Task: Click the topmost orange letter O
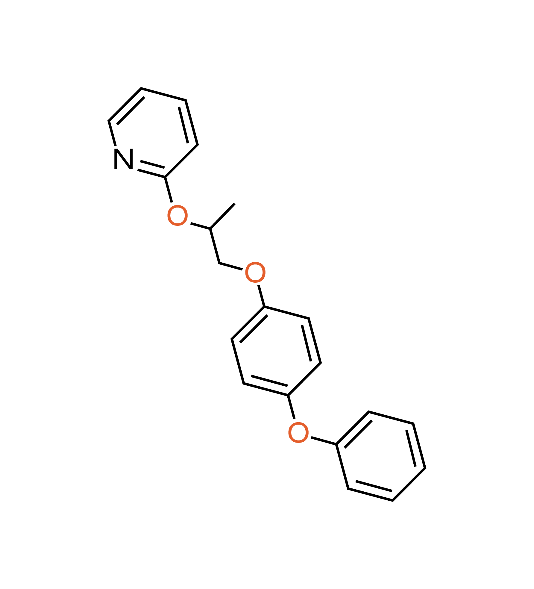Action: [x=178, y=215]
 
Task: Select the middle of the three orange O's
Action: [x=255, y=272]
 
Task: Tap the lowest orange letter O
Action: [x=298, y=432]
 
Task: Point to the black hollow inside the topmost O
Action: [x=178, y=215]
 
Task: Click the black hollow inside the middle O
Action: [x=255, y=272]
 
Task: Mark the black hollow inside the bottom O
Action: [x=298, y=432]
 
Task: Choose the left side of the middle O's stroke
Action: [x=246, y=272]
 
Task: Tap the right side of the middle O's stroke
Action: [x=264, y=272]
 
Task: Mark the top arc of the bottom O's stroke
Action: [x=298, y=424]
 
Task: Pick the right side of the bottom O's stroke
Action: [x=307, y=432]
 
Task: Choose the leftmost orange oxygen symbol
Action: [x=178, y=215]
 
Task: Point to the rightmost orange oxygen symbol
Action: [x=298, y=432]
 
